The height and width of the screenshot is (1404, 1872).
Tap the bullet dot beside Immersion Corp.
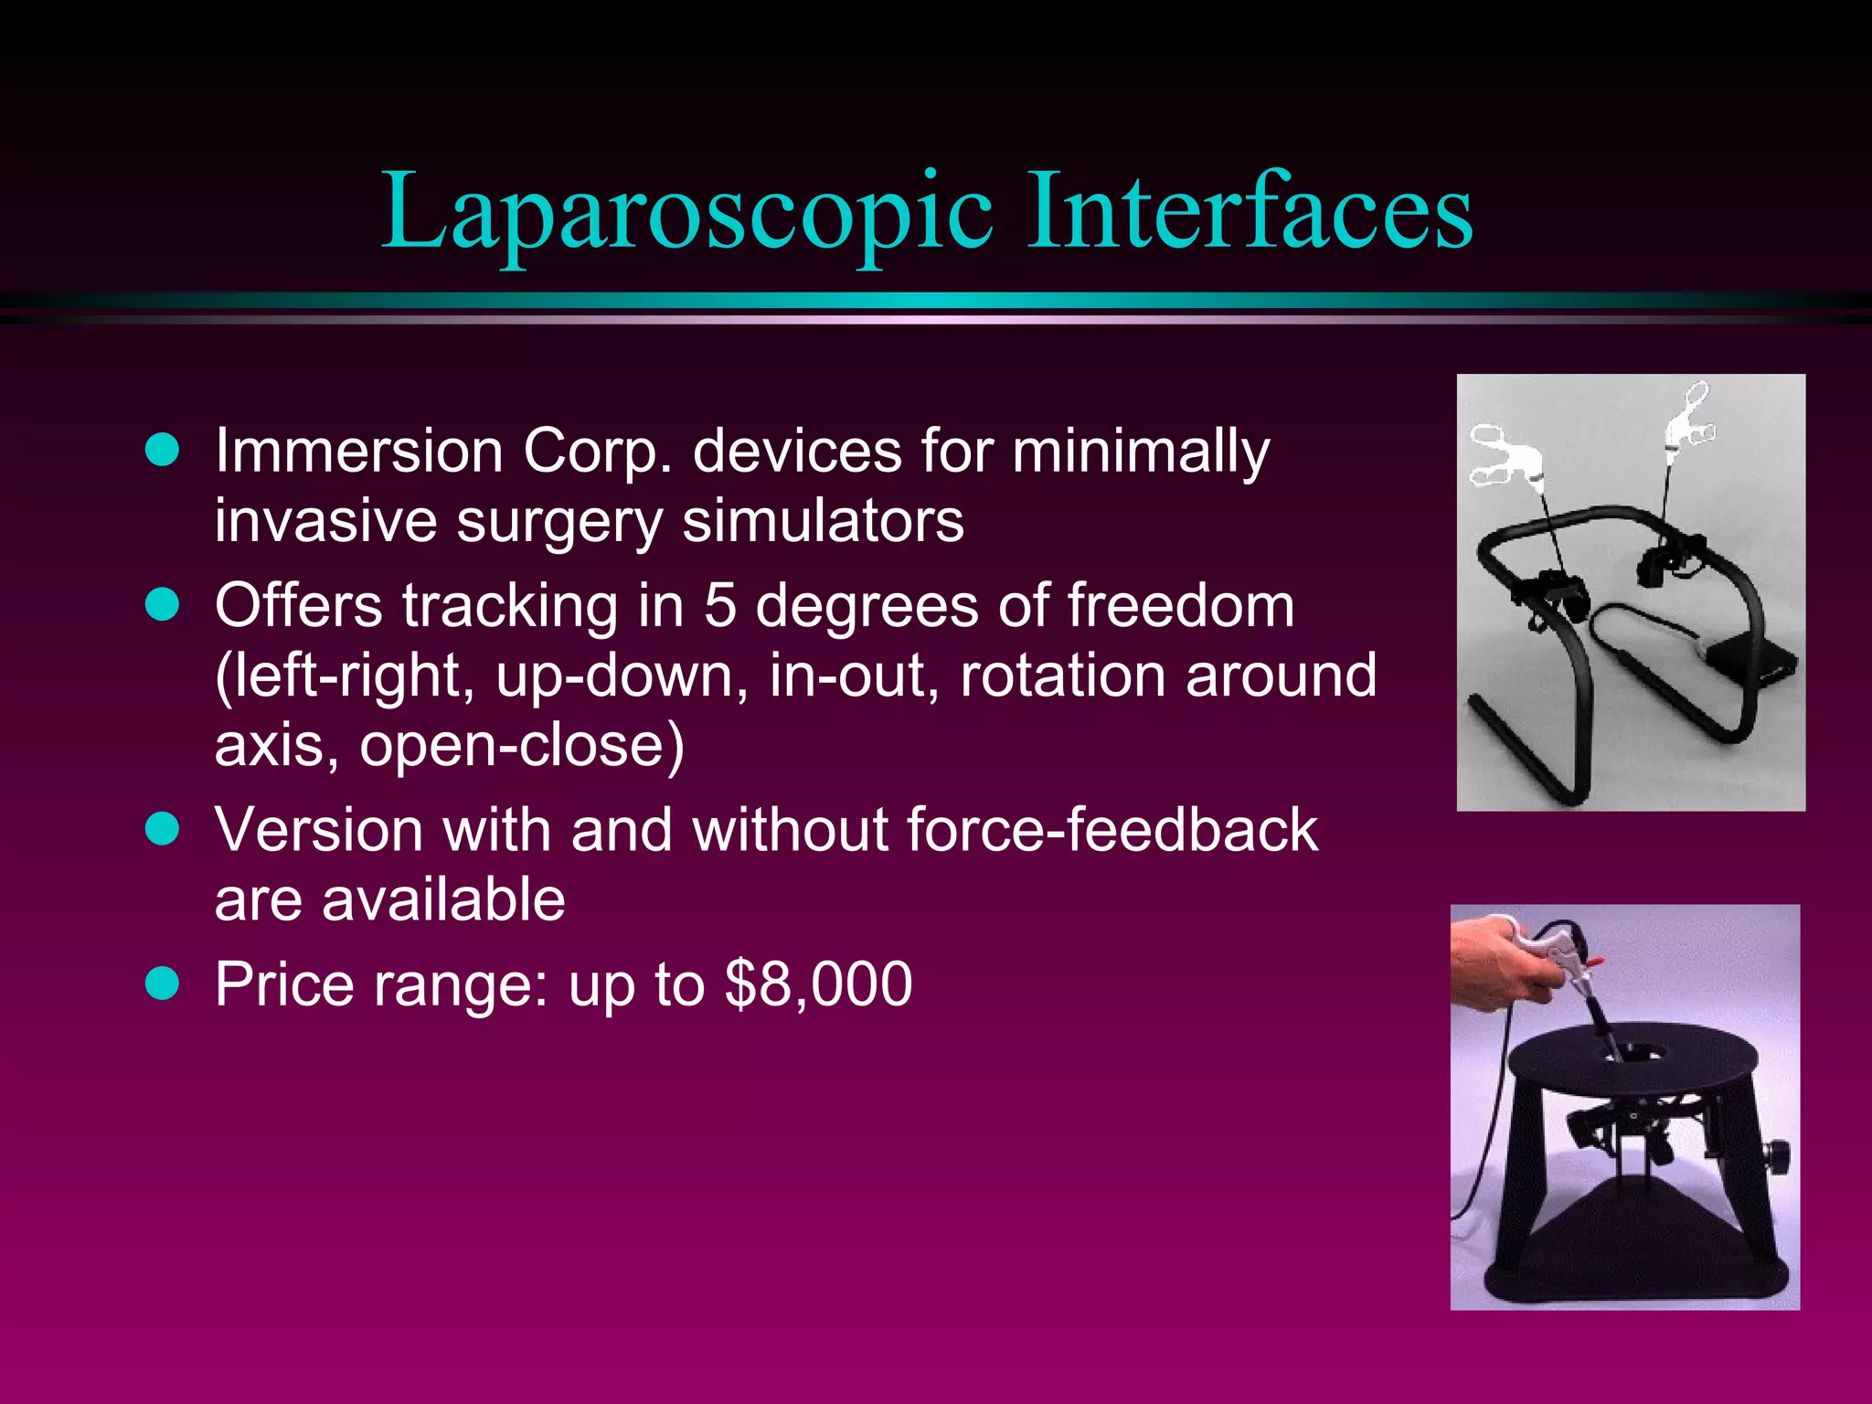(163, 450)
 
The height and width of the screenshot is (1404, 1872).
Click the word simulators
(823, 520)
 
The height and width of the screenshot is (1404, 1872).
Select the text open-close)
(521, 745)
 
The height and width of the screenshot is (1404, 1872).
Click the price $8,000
(817, 984)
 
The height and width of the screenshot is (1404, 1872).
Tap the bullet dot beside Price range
(163, 984)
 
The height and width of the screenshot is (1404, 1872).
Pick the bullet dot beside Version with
(163, 829)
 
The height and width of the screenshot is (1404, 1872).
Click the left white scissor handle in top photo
(1501, 453)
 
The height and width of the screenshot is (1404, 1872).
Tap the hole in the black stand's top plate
(1635, 1053)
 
